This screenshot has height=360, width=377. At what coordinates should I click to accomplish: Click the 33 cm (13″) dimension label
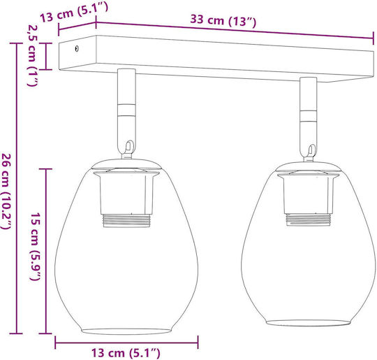(x=223, y=20)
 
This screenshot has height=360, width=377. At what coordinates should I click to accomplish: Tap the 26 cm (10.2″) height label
(x=7, y=191)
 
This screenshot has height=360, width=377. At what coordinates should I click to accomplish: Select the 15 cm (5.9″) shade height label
(x=35, y=246)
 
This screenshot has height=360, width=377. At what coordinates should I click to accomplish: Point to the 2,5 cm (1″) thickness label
(x=32, y=55)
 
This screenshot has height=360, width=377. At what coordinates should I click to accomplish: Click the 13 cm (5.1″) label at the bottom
(x=126, y=353)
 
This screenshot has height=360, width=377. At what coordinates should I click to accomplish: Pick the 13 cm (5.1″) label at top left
(x=74, y=12)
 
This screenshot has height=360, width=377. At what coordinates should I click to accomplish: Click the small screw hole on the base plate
(x=77, y=49)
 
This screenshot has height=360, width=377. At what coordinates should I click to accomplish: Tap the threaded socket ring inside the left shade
(x=126, y=221)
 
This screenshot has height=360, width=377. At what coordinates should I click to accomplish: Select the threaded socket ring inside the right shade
(x=309, y=219)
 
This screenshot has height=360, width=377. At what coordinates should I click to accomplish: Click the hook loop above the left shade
(x=129, y=147)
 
